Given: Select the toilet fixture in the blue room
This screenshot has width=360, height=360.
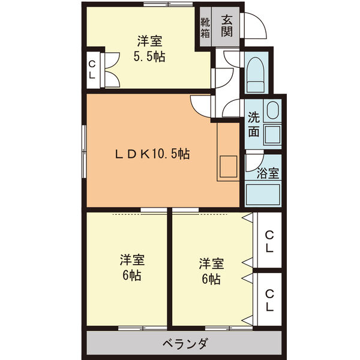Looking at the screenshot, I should [255, 74].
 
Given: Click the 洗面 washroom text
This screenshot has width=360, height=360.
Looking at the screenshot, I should [254, 125].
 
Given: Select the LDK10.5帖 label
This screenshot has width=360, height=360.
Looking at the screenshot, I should [152, 154].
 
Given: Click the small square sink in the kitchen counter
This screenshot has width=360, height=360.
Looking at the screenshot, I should [227, 166].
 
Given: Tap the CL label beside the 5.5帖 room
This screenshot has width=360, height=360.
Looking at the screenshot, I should [92, 70].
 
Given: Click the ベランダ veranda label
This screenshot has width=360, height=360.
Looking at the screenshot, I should [185, 344].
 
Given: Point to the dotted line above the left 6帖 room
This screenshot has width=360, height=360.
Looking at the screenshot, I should [127, 214].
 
